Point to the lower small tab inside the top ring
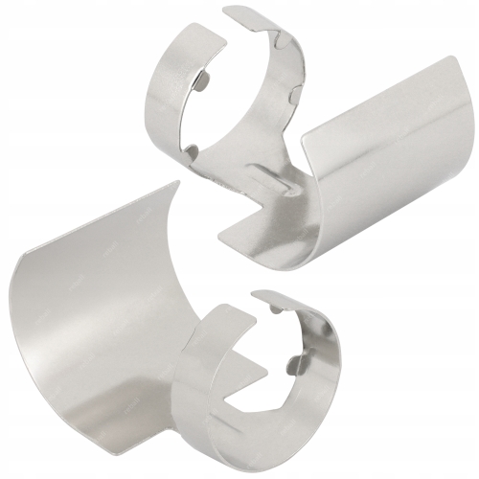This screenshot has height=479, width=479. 193,151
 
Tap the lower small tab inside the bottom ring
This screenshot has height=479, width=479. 300,361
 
